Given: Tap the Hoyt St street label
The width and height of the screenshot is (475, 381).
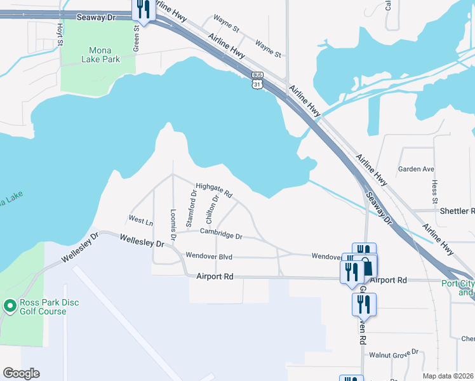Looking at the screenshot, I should coord(60,35).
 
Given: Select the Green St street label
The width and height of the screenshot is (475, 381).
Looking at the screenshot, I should coord(136,38).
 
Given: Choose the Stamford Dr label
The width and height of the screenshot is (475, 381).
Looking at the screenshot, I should coord(191,208).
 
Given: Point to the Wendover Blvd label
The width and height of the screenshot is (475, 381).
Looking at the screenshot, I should coord(208,257).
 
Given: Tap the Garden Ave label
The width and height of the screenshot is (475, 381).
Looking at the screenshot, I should coord(416,170).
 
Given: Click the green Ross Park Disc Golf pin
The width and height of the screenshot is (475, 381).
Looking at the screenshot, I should coord(10,306).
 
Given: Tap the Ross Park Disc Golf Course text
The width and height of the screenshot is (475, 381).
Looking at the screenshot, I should coord(43,307).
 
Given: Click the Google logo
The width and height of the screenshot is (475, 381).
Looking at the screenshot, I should coord(21,373).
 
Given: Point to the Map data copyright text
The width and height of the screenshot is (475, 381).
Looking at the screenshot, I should coord(448,376).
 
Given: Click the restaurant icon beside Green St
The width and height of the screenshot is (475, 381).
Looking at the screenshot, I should coord(144,10).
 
